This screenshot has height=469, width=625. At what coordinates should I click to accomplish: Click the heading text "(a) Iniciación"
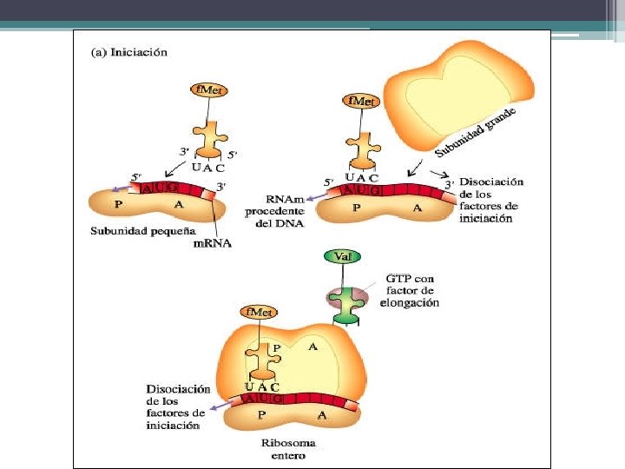pyautogui.click(x=129, y=52)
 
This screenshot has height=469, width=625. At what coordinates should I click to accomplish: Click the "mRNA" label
pyautogui.click(x=214, y=244)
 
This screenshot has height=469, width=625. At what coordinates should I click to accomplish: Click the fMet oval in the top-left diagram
pyautogui.click(x=209, y=89)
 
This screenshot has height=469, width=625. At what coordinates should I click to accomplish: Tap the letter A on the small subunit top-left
pyautogui.click(x=178, y=205)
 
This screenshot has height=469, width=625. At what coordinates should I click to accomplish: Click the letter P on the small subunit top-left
pyautogui.click(x=118, y=205)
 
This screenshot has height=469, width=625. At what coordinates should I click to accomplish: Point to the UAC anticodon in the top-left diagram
pyautogui.click(x=209, y=166)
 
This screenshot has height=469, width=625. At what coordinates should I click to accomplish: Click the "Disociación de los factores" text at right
pyautogui.click(x=491, y=200)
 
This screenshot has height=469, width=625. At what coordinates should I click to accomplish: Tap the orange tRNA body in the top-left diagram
pyautogui.click(x=209, y=137)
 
